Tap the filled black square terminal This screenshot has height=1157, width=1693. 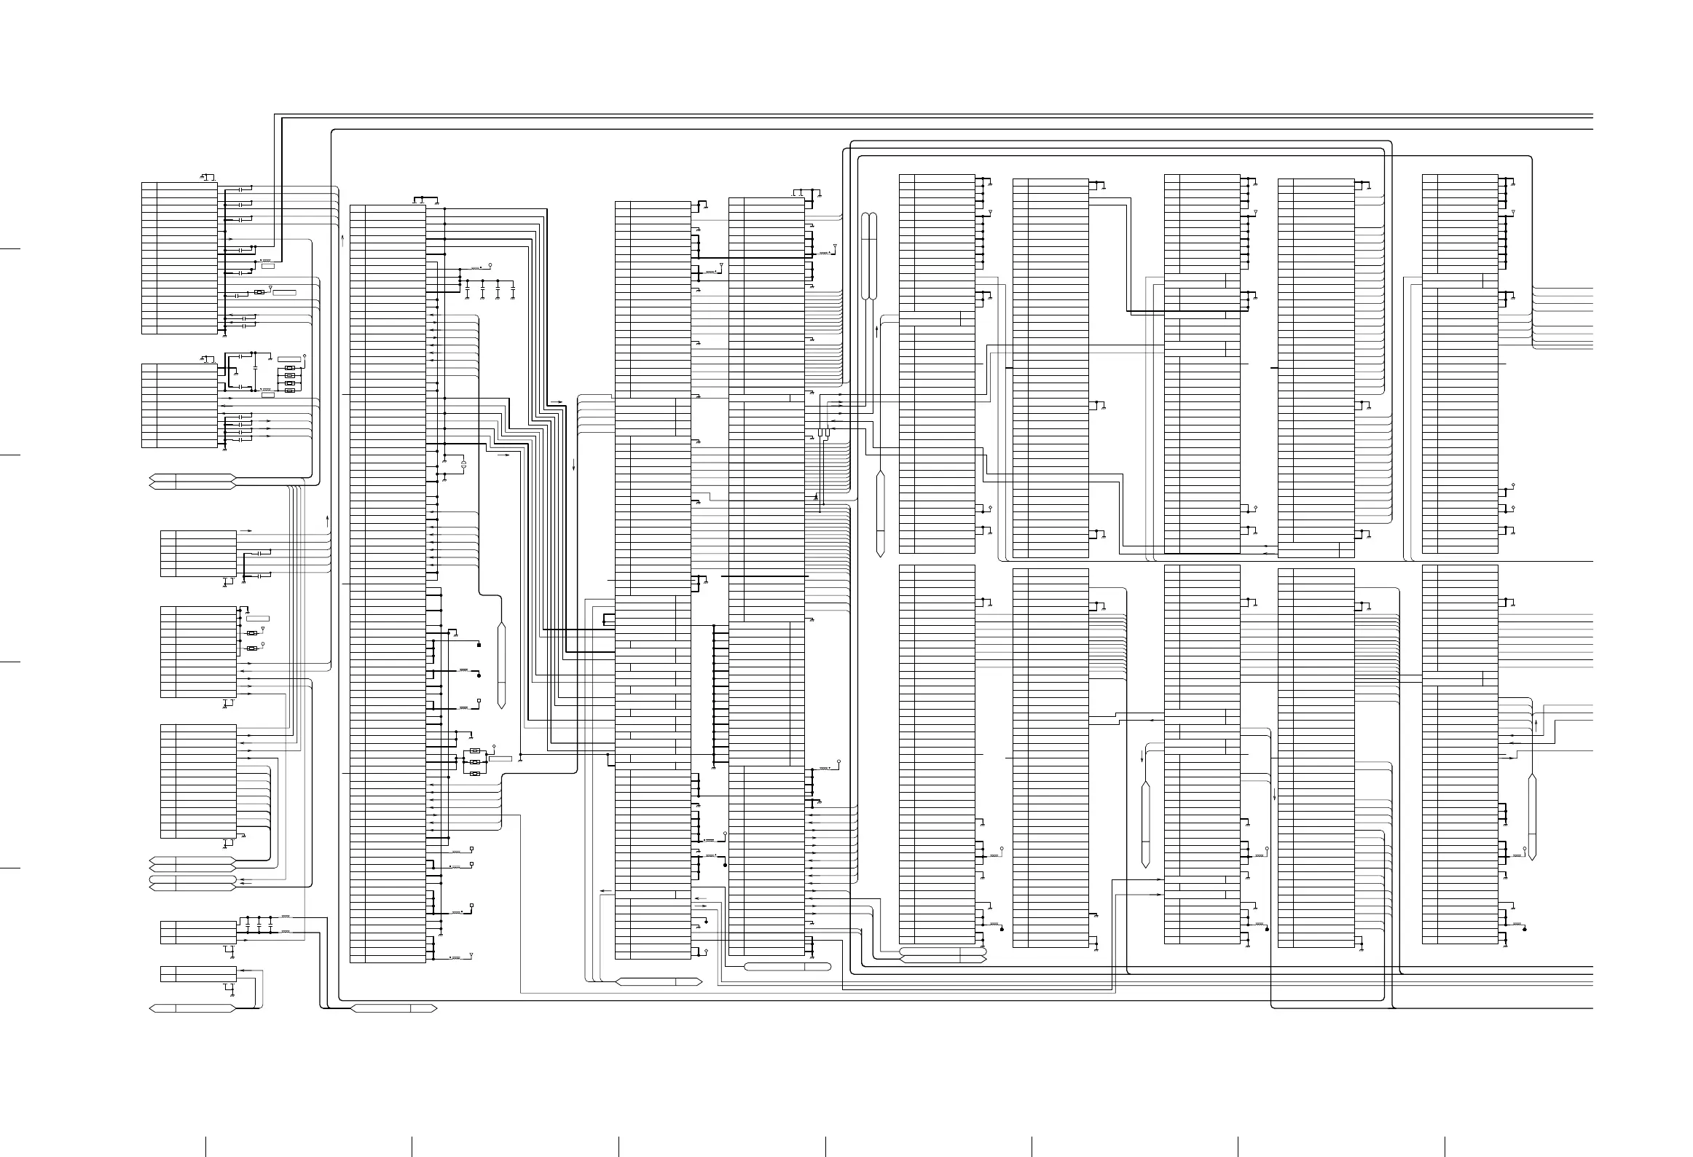click(479, 646)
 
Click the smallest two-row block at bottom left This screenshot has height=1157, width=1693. click(198, 974)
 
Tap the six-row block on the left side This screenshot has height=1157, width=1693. click(198, 554)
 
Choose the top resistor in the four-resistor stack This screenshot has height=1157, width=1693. click(290, 367)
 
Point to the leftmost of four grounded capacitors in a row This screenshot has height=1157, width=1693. click(466, 290)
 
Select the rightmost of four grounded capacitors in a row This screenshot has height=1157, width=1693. click(513, 290)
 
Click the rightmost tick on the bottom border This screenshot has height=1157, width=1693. click(1445, 1146)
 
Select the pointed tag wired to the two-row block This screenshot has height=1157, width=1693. click(192, 1008)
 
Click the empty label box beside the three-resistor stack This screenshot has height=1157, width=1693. click(500, 759)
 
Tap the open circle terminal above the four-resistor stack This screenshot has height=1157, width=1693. click(305, 356)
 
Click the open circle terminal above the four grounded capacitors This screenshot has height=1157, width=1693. click(490, 264)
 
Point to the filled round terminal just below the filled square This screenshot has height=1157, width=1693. click(479, 676)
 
